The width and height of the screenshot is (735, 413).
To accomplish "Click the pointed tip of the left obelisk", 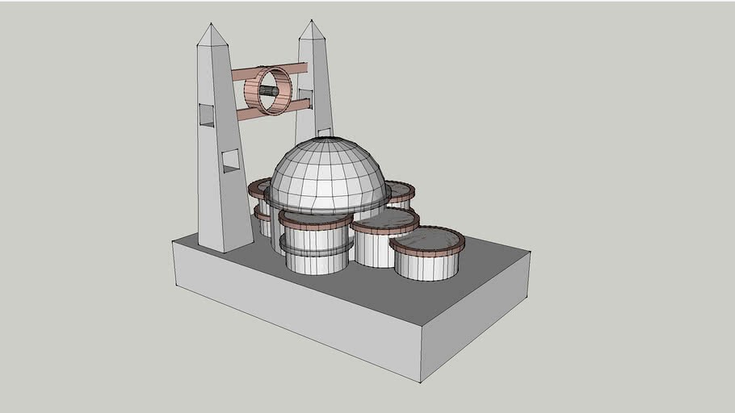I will (212, 24).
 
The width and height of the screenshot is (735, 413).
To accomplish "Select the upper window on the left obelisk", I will (207, 115).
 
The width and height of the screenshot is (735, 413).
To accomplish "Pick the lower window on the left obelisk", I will (230, 161).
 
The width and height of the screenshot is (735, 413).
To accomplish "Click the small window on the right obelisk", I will (325, 131).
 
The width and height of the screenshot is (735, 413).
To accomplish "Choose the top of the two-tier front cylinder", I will (315, 217).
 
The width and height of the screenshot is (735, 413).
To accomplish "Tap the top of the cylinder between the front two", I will (384, 219).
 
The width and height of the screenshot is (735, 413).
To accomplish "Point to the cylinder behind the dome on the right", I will (401, 193).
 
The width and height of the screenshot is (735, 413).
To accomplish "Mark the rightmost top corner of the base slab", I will (530, 252).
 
